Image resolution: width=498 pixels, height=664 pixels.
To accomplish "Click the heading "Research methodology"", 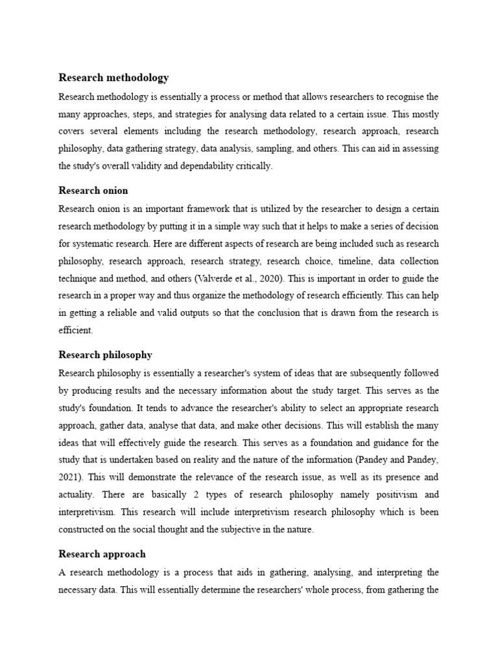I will (x=113, y=78).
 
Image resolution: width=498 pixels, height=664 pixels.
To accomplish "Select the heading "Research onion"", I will (x=93, y=191).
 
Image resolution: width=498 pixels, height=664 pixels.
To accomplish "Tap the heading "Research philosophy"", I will (x=106, y=355).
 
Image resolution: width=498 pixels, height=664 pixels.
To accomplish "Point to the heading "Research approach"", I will (x=102, y=554).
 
